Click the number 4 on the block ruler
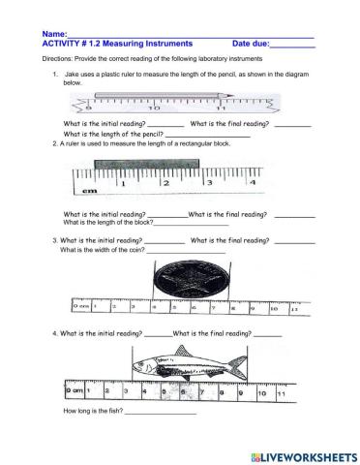[253, 181]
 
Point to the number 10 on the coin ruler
[273, 309]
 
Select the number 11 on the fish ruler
[279, 396]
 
